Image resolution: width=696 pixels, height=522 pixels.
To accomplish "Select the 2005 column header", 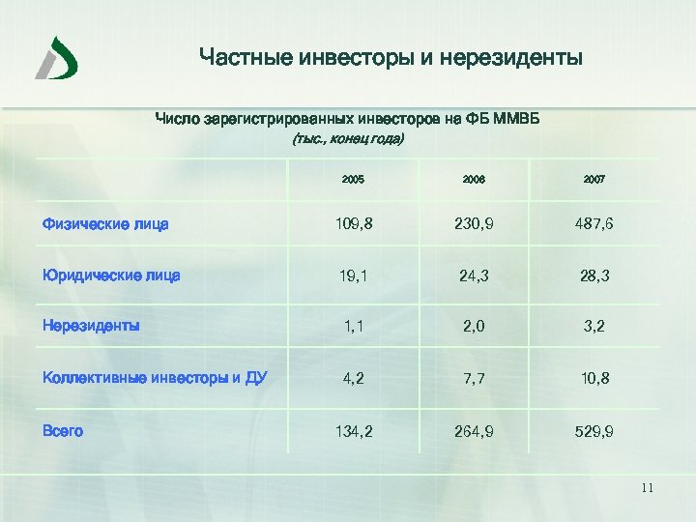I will click(x=353, y=180).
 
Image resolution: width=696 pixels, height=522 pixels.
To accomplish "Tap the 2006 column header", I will click(x=474, y=180).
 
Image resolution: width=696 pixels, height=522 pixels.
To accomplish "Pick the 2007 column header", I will click(x=594, y=180).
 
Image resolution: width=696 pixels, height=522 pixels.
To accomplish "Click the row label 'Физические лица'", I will click(x=105, y=224).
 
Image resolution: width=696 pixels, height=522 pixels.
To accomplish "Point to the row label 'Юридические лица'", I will click(x=111, y=275).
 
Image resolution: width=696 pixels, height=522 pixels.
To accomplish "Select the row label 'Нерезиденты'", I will click(x=91, y=325).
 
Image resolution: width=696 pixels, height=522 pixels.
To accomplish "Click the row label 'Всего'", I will click(x=63, y=430).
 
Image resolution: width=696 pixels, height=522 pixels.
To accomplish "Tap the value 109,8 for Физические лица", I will click(x=354, y=224).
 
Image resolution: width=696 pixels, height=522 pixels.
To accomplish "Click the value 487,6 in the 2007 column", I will click(x=594, y=224).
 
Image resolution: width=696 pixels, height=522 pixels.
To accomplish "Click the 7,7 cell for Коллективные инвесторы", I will click(x=474, y=378).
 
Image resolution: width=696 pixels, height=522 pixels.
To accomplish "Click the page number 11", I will click(x=648, y=489).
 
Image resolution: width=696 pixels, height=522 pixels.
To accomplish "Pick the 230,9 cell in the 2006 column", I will click(x=474, y=224).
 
